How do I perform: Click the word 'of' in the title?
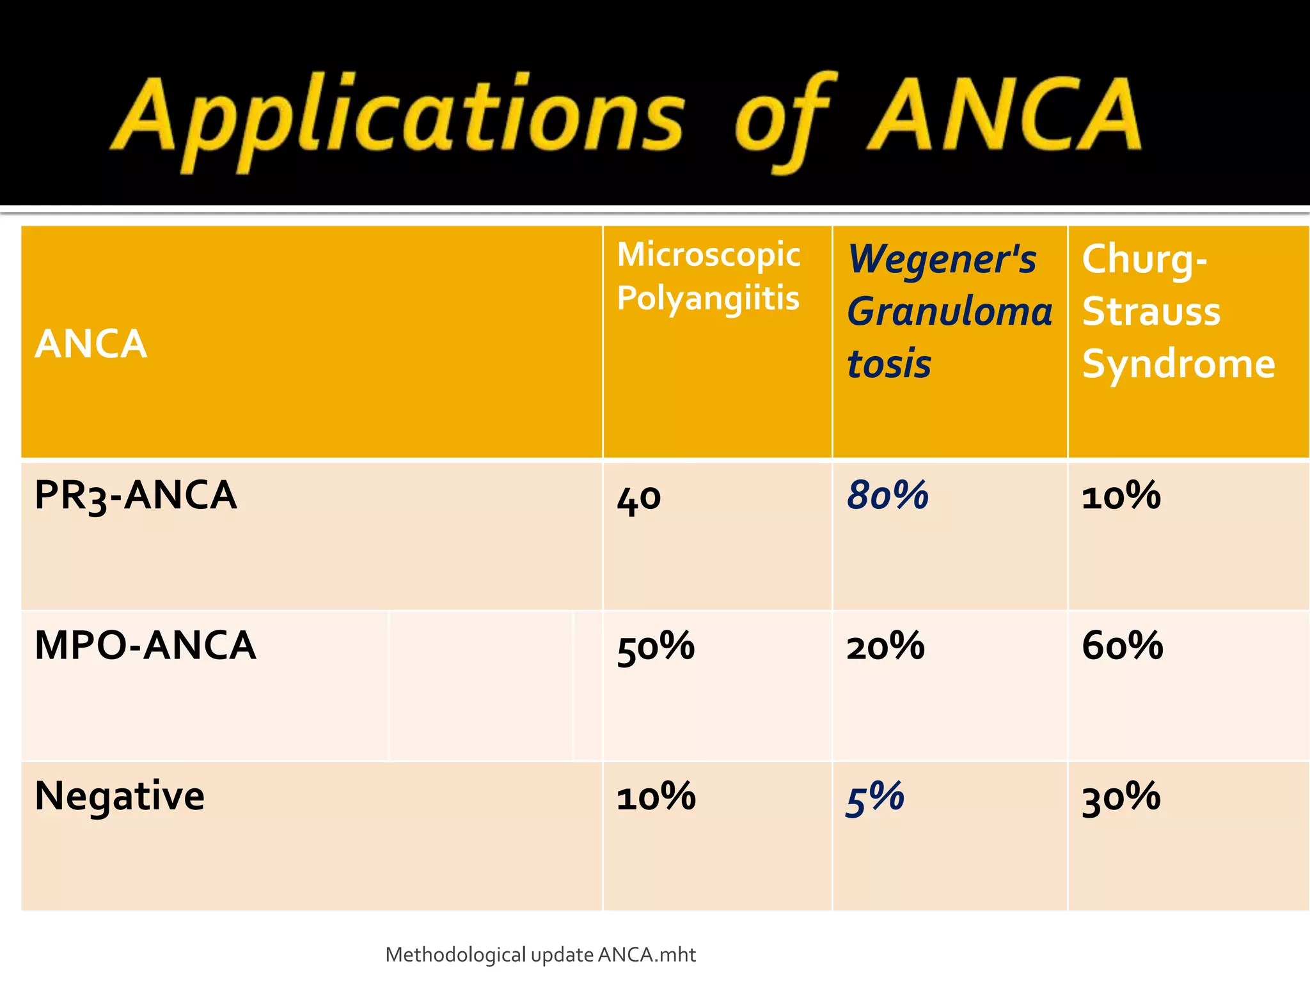click(784, 118)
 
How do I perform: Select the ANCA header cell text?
click(91, 344)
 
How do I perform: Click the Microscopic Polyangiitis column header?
click(709, 276)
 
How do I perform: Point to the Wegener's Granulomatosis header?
click(949, 311)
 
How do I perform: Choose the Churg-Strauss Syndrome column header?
click(1178, 311)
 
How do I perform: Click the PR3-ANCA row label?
click(136, 495)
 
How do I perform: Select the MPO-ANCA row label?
click(145, 645)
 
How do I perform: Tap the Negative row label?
click(120, 796)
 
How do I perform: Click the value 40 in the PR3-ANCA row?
click(638, 498)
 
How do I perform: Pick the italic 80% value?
click(887, 495)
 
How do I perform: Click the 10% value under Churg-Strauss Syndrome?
click(1121, 495)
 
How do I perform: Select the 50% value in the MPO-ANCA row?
click(656, 646)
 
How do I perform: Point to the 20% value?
click(885, 646)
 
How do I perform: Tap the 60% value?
click(1122, 645)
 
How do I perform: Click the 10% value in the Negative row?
click(656, 797)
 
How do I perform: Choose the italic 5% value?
click(874, 798)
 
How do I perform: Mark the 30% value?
click(1121, 797)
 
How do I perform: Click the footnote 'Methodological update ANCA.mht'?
click(541, 955)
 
